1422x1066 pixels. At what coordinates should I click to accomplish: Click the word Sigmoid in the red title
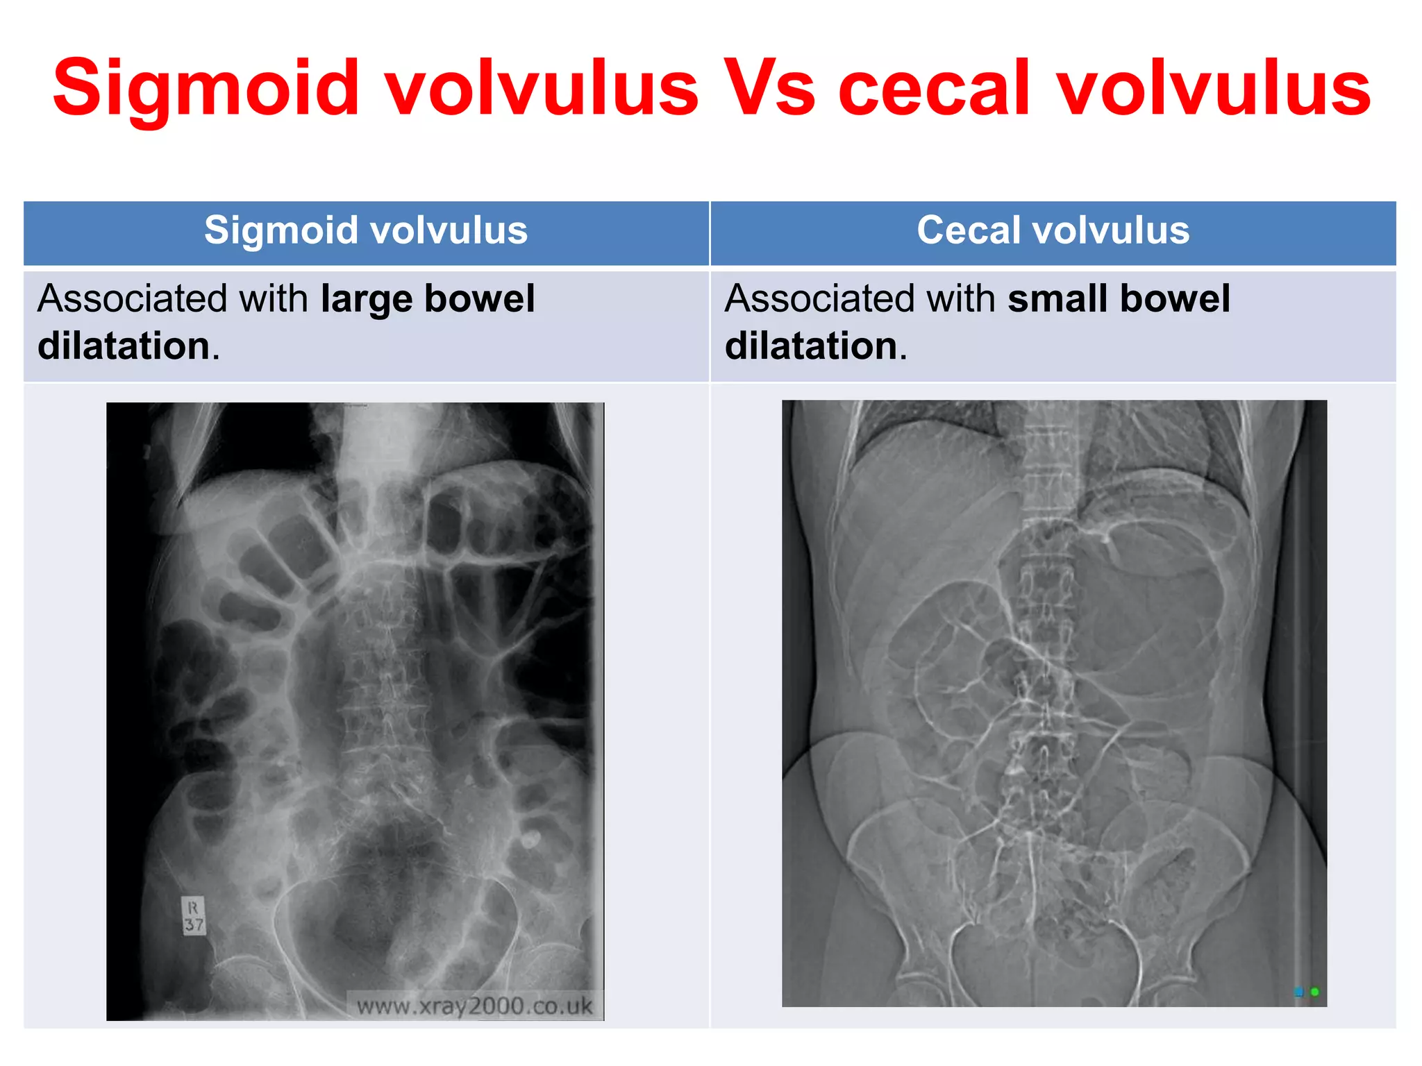[x=206, y=89]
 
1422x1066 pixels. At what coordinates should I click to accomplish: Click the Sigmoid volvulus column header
[x=366, y=230]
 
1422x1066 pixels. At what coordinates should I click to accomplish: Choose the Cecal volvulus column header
[x=1053, y=230]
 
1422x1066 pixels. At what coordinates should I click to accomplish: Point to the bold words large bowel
[x=428, y=299]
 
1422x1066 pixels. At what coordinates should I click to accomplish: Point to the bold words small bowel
[x=1119, y=299]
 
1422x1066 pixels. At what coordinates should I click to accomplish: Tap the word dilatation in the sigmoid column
[x=124, y=346]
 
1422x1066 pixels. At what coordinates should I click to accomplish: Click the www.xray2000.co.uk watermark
[x=474, y=1006]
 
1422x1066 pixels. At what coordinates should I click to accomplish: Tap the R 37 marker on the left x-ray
[x=194, y=916]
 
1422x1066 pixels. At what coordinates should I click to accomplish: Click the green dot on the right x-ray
[x=1314, y=992]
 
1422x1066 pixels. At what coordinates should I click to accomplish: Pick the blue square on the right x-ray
[x=1298, y=992]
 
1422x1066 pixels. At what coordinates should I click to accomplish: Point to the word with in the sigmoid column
[x=274, y=299]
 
